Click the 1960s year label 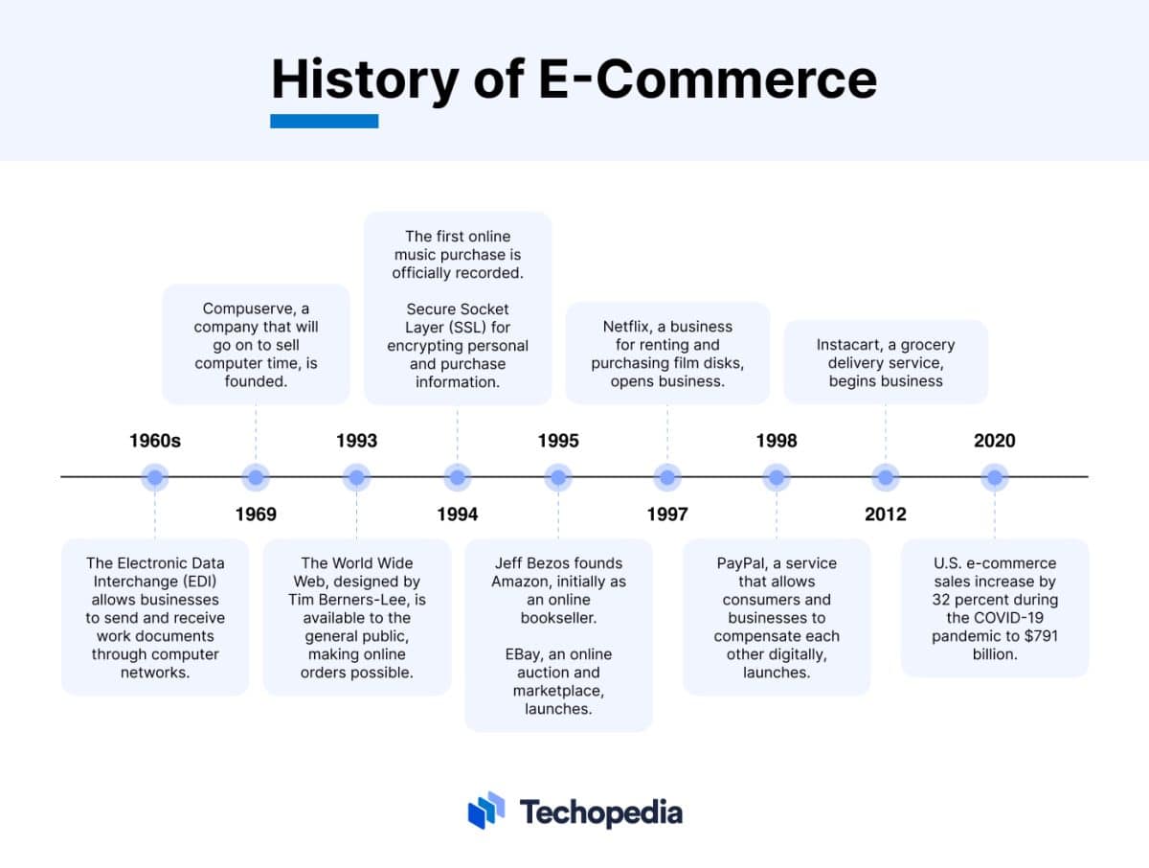[155, 441]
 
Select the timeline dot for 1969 [256, 476]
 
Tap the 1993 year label [356, 441]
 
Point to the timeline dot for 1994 [458, 476]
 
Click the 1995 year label [558, 441]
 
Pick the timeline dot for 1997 [666, 476]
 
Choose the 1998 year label [777, 441]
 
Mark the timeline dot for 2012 [886, 476]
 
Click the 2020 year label [995, 441]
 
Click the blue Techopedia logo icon [486, 811]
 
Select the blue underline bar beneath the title [325, 121]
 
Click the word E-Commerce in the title [708, 80]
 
